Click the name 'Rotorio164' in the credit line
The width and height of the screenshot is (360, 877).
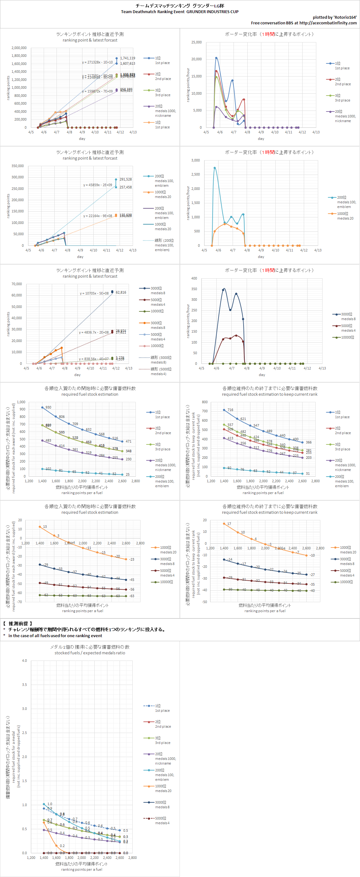coord(345,17)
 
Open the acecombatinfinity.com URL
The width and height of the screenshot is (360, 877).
coord(328,23)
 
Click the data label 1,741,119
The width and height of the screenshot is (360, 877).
coord(127,58)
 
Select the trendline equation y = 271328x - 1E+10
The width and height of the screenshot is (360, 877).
coord(97,62)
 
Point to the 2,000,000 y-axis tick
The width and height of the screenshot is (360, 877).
coord(19,48)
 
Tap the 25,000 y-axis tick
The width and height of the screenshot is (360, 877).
coord(196,42)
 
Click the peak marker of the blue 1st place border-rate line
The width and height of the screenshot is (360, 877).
coord(216,58)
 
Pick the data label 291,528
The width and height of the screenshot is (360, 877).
coord(126,179)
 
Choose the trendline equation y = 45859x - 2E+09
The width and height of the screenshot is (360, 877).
coord(97,185)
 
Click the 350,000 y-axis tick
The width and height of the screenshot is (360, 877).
coord(18,166)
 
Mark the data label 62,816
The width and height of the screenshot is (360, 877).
coord(121,292)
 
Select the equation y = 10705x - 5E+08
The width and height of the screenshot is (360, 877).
coord(94,294)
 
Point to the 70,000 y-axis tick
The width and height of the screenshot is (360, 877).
coord(17,284)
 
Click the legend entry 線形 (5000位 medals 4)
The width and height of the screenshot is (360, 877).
coord(160,371)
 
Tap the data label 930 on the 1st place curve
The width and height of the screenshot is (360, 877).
coord(48,408)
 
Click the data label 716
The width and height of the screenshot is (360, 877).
coord(230,410)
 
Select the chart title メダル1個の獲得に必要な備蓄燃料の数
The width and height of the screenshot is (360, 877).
coord(90,647)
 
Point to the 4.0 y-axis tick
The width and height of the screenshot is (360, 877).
coord(24,661)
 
